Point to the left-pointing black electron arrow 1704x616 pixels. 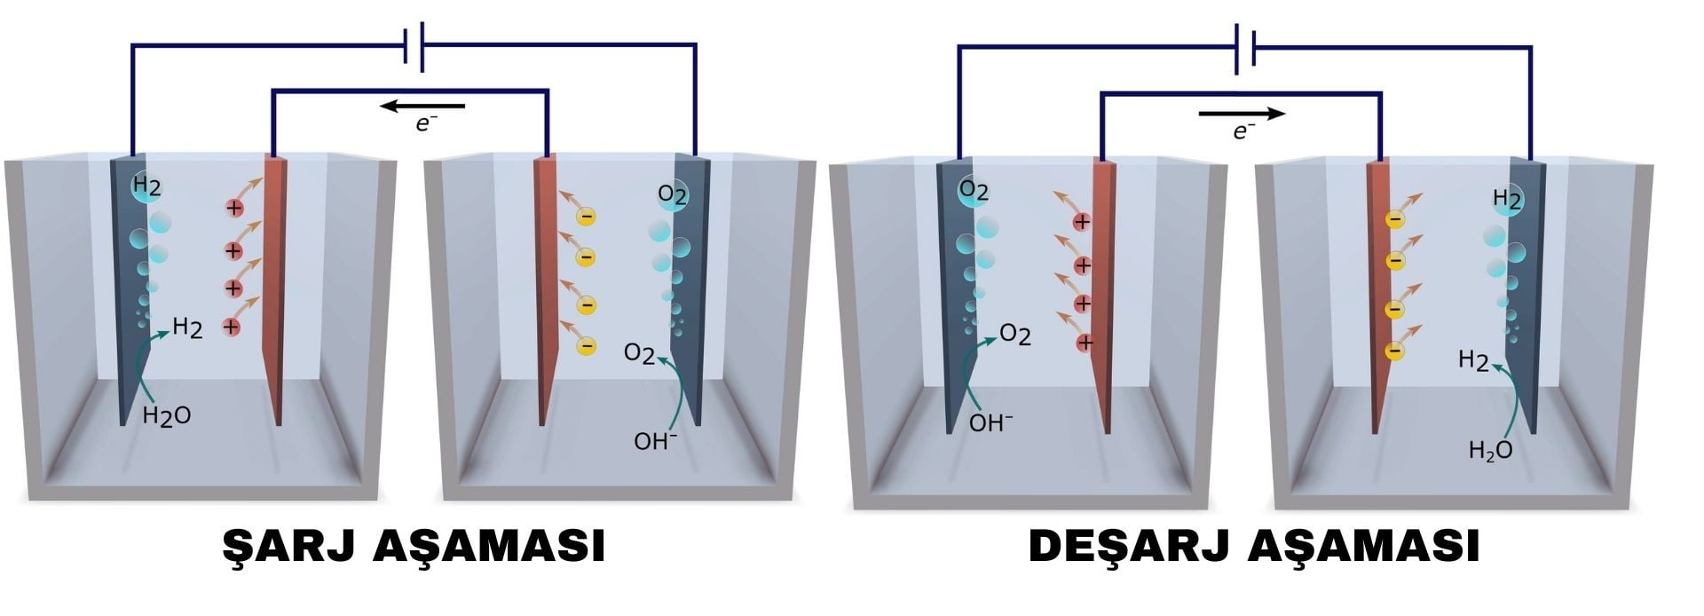click(x=422, y=107)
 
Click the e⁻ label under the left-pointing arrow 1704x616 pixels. click(x=427, y=124)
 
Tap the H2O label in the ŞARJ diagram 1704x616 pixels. click(x=166, y=415)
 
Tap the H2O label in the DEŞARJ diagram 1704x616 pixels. click(x=1490, y=451)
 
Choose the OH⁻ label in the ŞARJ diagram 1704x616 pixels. click(x=655, y=440)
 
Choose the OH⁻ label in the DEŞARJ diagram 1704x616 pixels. click(x=990, y=423)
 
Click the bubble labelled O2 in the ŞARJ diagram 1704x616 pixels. click(x=672, y=195)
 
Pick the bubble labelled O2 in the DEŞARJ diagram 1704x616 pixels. click(x=974, y=191)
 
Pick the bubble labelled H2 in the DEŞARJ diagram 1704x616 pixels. click(x=1507, y=199)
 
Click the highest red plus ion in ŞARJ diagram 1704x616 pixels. click(x=234, y=209)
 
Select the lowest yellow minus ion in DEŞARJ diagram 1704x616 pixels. click(x=1394, y=351)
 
